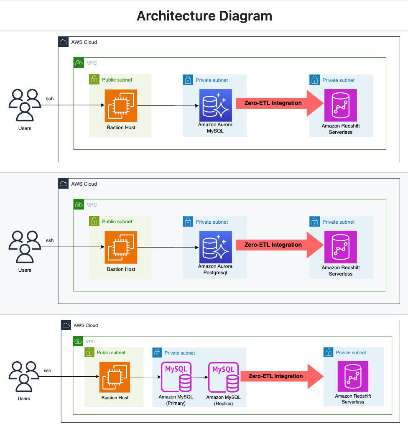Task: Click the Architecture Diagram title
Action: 204,16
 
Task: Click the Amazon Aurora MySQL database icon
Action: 215,105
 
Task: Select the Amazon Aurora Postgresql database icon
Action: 215,247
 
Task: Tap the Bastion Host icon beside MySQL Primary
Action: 115,377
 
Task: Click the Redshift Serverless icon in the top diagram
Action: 341,105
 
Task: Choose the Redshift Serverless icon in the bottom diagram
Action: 353,377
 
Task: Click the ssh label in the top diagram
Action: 50,99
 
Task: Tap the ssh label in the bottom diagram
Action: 48,370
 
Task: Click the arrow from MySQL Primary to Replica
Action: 200,377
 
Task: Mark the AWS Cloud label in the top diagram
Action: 84,42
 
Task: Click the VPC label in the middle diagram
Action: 92,205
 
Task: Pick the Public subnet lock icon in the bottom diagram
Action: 89,352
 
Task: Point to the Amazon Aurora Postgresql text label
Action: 215,270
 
